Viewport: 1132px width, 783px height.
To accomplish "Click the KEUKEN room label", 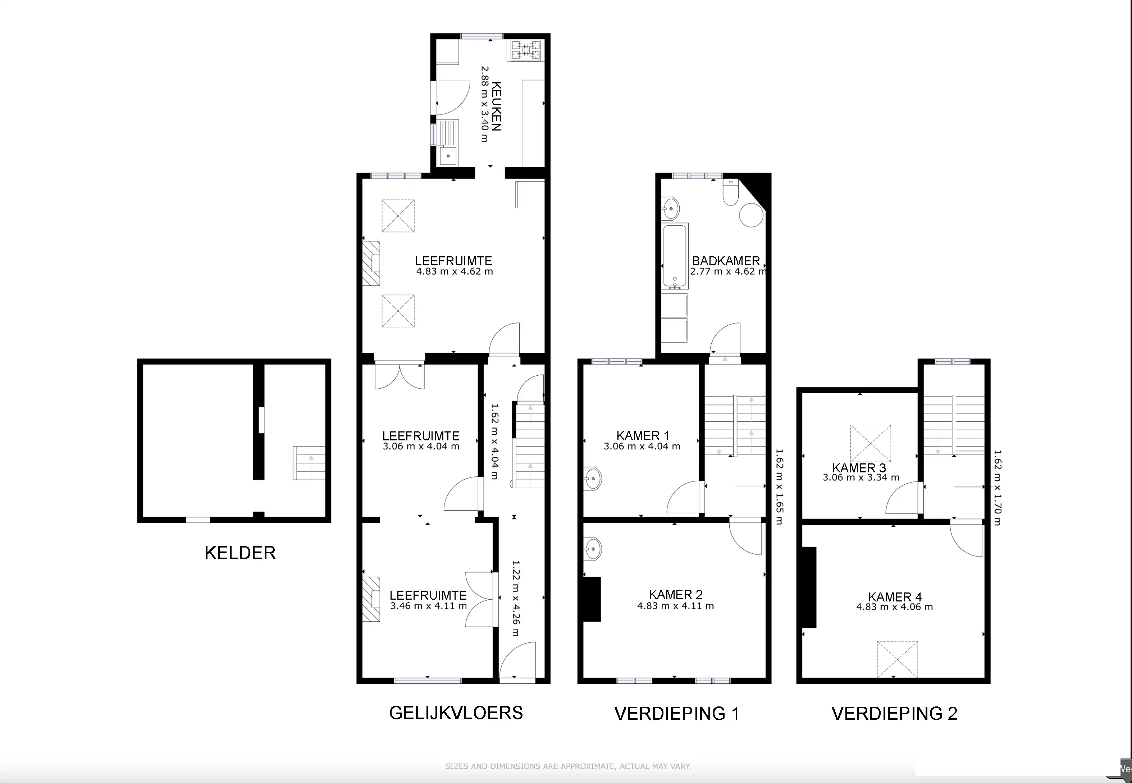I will (496, 106).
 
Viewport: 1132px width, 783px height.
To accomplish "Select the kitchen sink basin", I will (448, 156).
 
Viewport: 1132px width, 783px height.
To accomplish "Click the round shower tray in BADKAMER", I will (751, 215).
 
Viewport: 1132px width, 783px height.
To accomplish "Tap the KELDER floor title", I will (239, 553).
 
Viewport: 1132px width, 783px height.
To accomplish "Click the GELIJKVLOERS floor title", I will (456, 713).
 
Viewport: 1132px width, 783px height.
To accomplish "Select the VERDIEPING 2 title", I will (894, 713).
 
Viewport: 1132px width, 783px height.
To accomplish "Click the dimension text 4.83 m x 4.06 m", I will (894, 607).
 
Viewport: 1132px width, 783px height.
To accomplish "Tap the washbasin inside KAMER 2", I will (592, 549).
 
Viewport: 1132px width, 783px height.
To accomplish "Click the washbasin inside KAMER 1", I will (593, 478).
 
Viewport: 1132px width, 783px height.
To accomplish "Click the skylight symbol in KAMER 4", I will (897, 659).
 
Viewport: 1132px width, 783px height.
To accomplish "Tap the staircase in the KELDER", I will (309, 463).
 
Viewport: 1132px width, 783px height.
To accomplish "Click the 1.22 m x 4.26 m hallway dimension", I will (516, 598).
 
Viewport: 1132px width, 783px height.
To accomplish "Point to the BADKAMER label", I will (725, 261).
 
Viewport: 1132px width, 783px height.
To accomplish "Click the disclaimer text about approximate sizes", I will (568, 766).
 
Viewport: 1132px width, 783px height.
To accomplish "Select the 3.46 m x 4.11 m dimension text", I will (428, 606).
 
